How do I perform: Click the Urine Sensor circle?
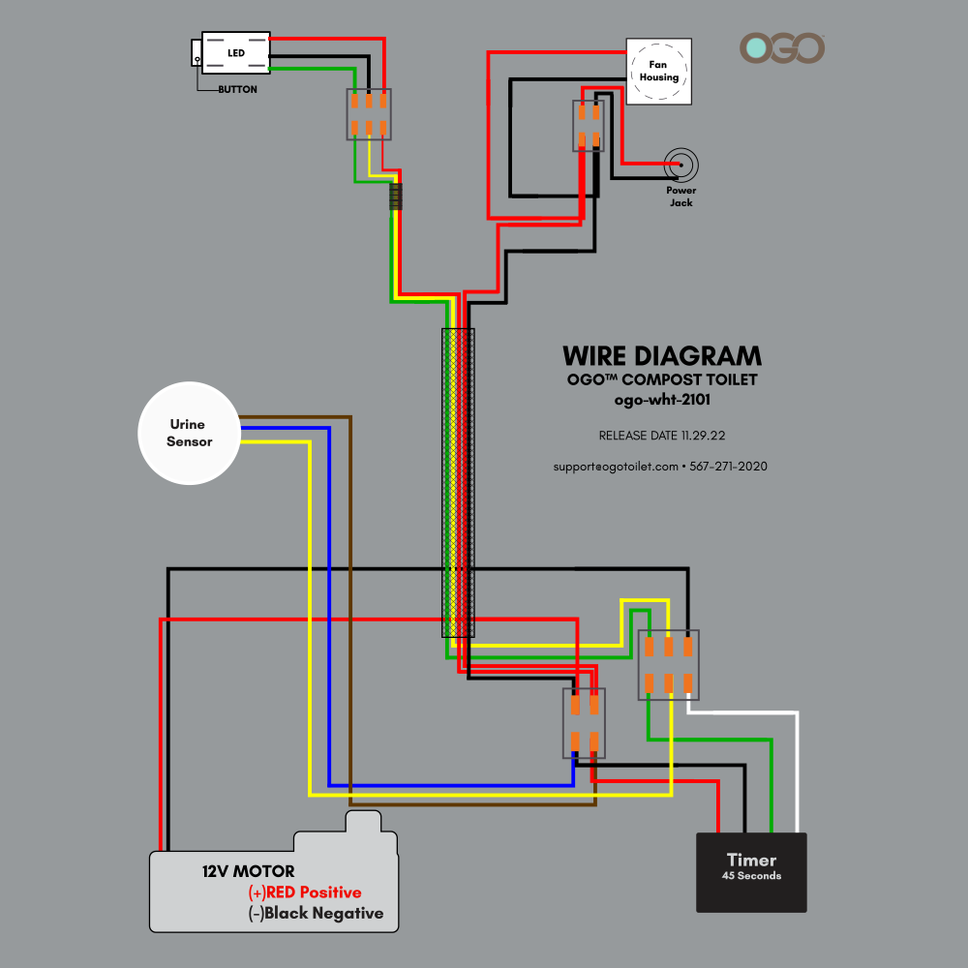tap(189, 432)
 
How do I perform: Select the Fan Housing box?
tap(658, 71)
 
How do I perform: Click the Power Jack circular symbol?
tap(681, 166)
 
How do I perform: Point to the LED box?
tap(235, 52)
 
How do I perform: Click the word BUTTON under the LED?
tap(237, 89)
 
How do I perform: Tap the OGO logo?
tap(782, 48)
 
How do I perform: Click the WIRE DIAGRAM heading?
tap(661, 355)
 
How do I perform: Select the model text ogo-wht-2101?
tap(661, 398)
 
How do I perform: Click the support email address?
tap(616, 466)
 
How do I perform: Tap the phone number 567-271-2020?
tap(728, 466)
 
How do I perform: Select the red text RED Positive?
tap(313, 892)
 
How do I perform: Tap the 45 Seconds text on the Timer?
tap(751, 876)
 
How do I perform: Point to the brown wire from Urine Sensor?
tap(349, 581)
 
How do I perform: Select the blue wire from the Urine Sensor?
tap(329, 581)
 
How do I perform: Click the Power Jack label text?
tap(681, 197)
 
